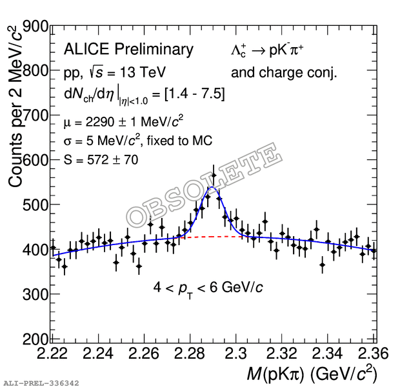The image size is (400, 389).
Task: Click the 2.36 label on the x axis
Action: (x=361, y=354)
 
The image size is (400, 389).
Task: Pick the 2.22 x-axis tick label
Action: (x=52, y=354)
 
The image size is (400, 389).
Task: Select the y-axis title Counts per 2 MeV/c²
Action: (x=15, y=107)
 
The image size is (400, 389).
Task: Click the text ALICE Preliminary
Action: (x=128, y=50)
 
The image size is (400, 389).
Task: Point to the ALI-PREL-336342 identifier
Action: (x=41, y=383)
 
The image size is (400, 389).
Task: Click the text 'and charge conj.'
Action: (x=284, y=72)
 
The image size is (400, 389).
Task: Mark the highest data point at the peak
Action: (x=213, y=175)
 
